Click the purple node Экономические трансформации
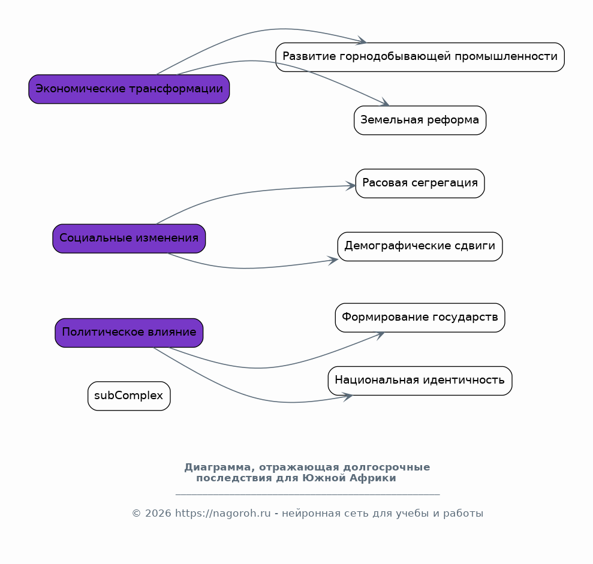(129, 89)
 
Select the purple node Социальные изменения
(129, 238)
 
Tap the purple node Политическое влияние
(129, 333)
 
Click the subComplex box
(129, 396)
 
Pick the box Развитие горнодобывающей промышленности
(420, 57)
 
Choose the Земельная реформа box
(420, 120)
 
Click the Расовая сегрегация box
(420, 183)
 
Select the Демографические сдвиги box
(420, 246)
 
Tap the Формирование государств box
(420, 318)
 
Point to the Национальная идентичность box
(420, 381)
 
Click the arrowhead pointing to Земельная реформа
(385, 102)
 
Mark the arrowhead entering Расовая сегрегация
(351, 186)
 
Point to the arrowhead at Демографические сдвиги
(333, 260)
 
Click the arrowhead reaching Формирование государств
(380, 335)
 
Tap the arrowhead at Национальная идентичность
(348, 397)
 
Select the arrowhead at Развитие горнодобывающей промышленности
(362, 40)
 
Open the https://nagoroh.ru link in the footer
(223, 513)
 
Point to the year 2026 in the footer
(158, 513)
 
